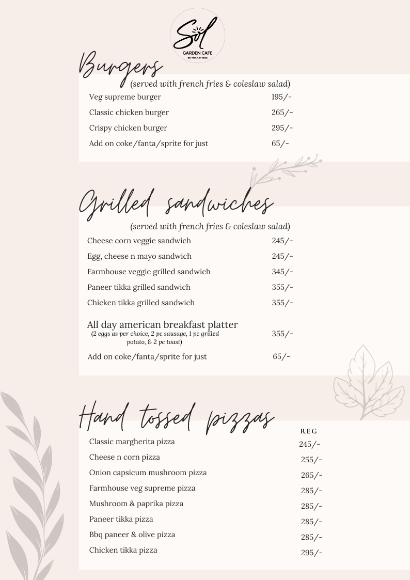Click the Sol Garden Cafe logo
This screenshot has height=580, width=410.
point(197,39)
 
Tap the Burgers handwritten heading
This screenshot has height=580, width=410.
point(120,68)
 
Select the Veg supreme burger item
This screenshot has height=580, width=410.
point(125,97)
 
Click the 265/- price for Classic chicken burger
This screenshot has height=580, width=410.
point(282,113)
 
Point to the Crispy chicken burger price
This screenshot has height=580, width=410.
point(282,128)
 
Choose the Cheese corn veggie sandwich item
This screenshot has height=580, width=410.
point(139,241)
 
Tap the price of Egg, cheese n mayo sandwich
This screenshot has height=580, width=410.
point(282,256)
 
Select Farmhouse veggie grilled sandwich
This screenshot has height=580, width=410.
point(149,272)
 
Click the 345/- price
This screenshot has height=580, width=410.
point(282,272)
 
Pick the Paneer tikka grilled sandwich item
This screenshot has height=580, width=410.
point(139,287)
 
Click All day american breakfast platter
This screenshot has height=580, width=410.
point(162,325)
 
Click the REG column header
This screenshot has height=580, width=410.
point(309,431)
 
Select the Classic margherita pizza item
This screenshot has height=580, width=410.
point(132,442)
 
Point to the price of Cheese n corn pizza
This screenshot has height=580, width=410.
point(311,460)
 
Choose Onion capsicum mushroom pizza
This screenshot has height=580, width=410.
point(148,473)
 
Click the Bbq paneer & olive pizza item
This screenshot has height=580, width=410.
point(132,535)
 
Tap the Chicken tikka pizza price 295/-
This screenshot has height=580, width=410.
point(311,553)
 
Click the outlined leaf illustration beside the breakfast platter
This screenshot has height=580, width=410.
point(368,382)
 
